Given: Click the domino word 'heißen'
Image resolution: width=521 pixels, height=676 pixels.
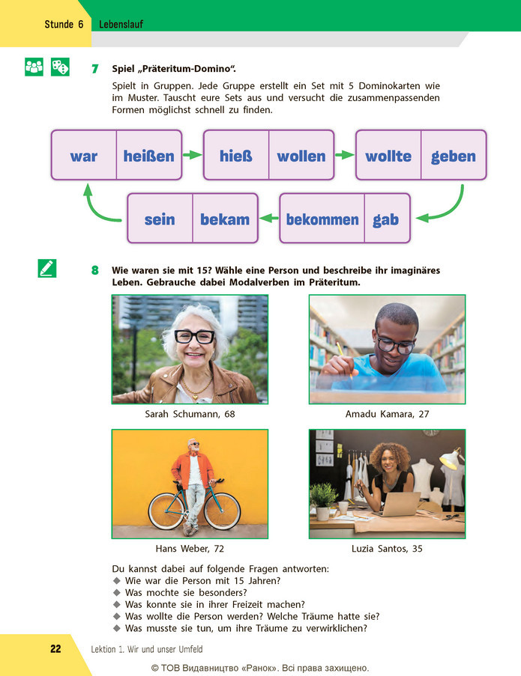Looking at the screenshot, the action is (x=149, y=156).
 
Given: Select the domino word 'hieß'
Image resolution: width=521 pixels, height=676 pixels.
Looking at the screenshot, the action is (x=235, y=156).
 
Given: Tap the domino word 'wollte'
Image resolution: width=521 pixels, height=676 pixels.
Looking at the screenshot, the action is (x=388, y=156).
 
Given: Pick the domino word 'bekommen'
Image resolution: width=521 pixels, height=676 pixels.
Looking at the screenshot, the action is (x=322, y=219).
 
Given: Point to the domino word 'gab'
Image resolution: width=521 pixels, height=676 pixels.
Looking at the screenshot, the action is (x=385, y=219).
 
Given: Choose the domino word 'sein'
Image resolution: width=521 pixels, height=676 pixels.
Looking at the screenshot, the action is (x=160, y=219).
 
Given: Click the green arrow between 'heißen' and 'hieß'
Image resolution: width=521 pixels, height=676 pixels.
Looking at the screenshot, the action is (x=192, y=155).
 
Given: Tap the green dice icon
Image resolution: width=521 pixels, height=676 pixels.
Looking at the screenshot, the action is (x=60, y=67).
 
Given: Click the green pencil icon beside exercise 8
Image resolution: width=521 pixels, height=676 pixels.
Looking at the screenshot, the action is (x=47, y=268).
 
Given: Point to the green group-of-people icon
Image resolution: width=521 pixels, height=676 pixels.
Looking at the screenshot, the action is (x=34, y=67).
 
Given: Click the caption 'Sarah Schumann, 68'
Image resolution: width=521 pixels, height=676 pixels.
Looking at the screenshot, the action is (x=190, y=414).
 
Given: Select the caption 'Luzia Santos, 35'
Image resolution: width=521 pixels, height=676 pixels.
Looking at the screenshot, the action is (x=387, y=549).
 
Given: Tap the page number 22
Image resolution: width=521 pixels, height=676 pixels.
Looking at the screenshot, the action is (x=55, y=649).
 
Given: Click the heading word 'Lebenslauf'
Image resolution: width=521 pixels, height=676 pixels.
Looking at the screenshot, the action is (x=121, y=24).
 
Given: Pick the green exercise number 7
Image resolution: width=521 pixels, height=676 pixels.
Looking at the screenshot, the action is (x=95, y=69).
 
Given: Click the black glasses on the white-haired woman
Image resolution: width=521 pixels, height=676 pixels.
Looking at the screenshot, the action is (x=194, y=336).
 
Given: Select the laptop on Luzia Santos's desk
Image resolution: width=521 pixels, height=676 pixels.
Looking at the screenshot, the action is (x=397, y=504).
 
